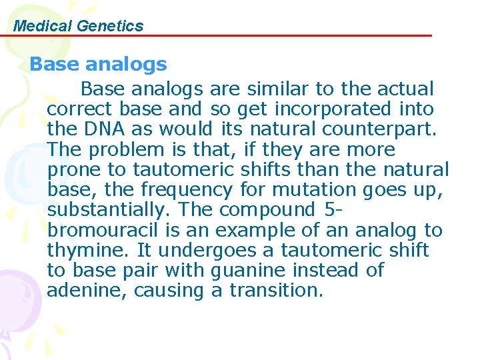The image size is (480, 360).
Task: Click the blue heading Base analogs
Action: tap(98, 64)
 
